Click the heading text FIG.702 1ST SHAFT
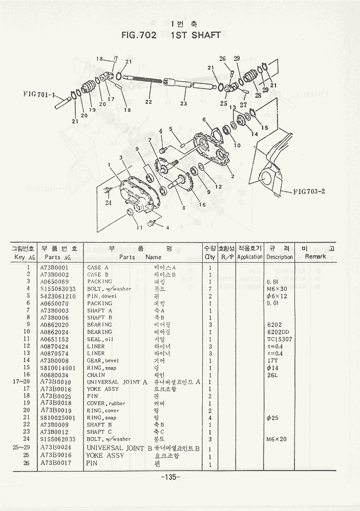click(x=171, y=35)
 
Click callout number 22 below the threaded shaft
click(x=149, y=102)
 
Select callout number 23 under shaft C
click(x=184, y=103)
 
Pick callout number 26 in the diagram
click(x=223, y=59)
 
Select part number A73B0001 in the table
click(x=56, y=267)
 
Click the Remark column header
click(x=315, y=257)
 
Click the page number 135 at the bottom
click(x=168, y=477)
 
